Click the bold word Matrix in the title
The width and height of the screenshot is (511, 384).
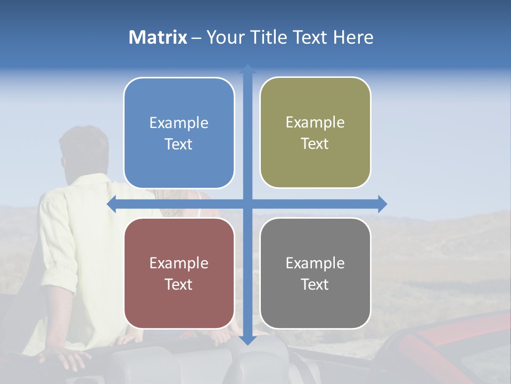[158, 37]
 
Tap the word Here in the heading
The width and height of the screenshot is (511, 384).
[353, 37]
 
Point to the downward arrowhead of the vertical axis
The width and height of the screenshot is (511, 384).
[248, 340]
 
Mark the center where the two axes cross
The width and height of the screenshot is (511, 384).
[248, 204]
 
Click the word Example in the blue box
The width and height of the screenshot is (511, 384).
[179, 123]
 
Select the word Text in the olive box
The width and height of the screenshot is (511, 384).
[315, 144]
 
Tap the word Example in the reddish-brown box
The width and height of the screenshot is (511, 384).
[179, 263]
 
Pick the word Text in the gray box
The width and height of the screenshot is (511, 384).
[315, 285]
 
